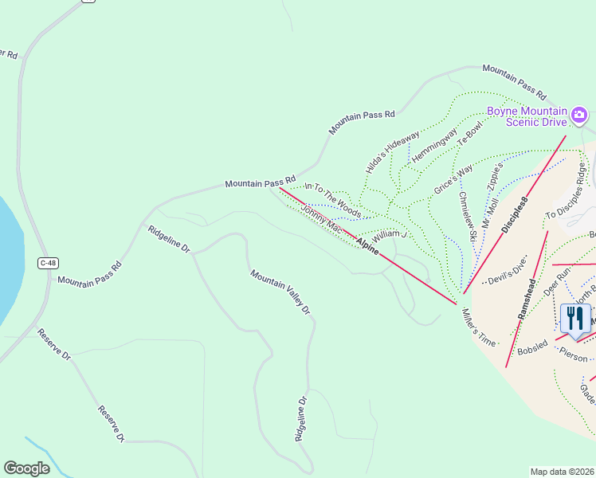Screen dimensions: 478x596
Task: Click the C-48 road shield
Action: coord(48,262)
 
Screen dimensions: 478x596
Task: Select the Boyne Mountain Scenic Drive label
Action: coord(527,116)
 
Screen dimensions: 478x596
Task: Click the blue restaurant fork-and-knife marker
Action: coord(574,319)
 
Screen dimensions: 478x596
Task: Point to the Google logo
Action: coord(26,468)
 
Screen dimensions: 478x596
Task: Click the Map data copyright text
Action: coord(563,472)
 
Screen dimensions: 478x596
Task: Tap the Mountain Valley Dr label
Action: coord(279,292)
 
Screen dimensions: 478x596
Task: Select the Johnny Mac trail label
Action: coord(321,218)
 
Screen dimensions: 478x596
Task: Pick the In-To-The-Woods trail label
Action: coord(332,199)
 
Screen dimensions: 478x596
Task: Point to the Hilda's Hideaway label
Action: coord(391,151)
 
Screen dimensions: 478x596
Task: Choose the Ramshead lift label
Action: coord(528,298)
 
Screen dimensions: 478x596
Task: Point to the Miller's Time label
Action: coord(478,327)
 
